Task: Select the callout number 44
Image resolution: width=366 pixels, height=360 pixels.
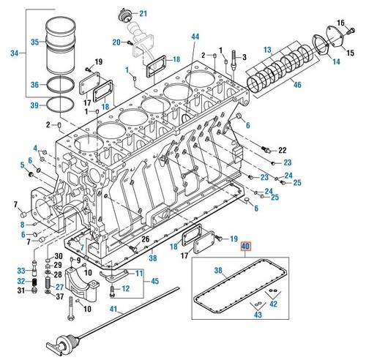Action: point(195,36)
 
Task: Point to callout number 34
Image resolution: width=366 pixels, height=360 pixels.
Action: point(14,52)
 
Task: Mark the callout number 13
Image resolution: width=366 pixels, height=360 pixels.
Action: point(268,48)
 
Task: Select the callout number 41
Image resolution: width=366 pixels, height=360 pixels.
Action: point(113,310)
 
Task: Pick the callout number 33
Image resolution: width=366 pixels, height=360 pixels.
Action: point(22,271)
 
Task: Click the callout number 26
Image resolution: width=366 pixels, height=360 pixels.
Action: point(145,239)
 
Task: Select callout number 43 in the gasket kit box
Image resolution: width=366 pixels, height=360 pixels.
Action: point(257,315)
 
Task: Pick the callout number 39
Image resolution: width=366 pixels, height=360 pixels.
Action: point(34,106)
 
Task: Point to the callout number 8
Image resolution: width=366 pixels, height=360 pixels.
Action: point(22,224)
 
